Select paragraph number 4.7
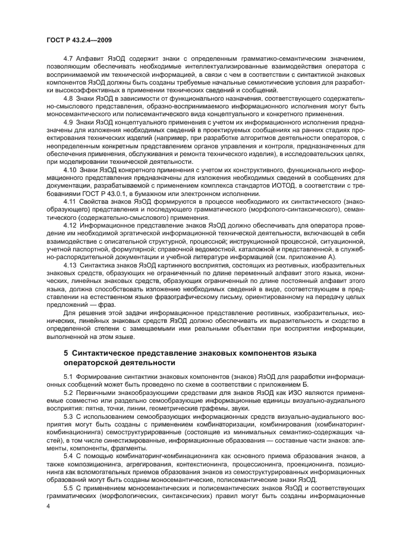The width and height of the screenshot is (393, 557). pyautogui.click(x=68, y=58)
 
